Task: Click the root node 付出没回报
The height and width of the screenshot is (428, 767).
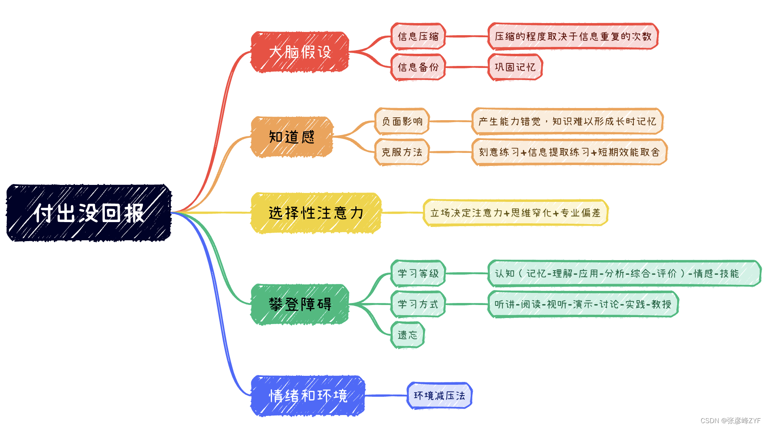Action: pyautogui.click(x=89, y=213)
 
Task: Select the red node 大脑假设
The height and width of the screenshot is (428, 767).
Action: pyautogui.click(x=300, y=52)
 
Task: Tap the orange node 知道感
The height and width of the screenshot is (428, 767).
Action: pyautogui.click(x=291, y=137)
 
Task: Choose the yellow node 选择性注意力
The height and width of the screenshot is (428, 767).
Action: pyautogui.click(x=316, y=213)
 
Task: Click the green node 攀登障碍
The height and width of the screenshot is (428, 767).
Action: pyautogui.click(x=300, y=304)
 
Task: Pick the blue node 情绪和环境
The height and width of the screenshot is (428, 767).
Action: pyautogui.click(x=308, y=396)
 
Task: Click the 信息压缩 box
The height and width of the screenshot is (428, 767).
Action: pyautogui.click(x=418, y=36)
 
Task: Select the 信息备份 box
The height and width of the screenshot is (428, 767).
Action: pyautogui.click(x=418, y=67)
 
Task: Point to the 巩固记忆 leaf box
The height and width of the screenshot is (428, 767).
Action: pyautogui.click(x=515, y=67)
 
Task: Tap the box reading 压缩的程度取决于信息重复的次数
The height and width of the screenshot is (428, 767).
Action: pyautogui.click(x=573, y=36)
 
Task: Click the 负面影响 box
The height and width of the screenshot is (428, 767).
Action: pyautogui.click(x=402, y=121)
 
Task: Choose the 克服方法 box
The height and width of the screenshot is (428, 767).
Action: pyautogui.click(x=402, y=152)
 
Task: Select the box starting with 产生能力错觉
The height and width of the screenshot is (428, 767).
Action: pyautogui.click(x=567, y=121)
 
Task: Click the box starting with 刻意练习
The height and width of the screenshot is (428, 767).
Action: pyautogui.click(x=569, y=152)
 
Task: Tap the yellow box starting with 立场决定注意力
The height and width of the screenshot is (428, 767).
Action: pyautogui.click(x=515, y=213)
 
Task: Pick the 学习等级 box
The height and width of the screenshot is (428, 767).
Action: pyautogui.click(x=418, y=273)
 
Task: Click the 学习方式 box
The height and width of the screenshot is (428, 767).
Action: pyautogui.click(x=418, y=304)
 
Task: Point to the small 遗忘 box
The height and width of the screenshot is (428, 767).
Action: pyautogui.click(x=407, y=335)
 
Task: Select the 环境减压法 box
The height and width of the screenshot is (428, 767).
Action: pyautogui.click(x=439, y=396)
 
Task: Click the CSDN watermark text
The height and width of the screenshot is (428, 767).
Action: pyautogui.click(x=730, y=421)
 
